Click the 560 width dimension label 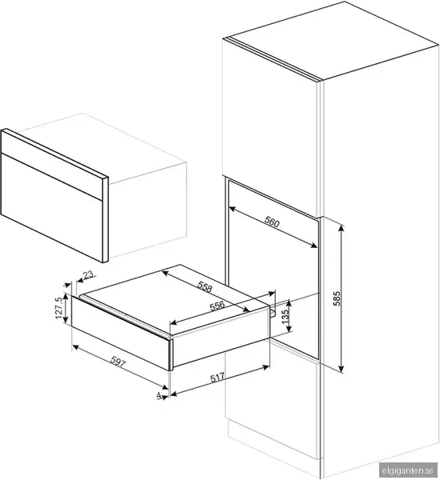coord(272,222)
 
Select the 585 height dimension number coord(337,298)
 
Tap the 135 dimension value coord(285,317)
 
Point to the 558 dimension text coord(205,287)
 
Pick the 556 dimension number coord(217,306)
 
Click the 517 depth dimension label coord(217,378)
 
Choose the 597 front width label coord(118,362)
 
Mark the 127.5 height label coord(59,308)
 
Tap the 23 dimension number coord(88,274)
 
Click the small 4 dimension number coord(159,396)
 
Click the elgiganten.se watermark coord(408,470)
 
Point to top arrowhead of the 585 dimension coord(341,227)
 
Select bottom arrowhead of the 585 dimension coord(341,370)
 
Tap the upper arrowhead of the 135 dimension coord(289,302)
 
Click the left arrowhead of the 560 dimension coord(232,209)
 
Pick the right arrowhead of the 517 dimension coord(266,366)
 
